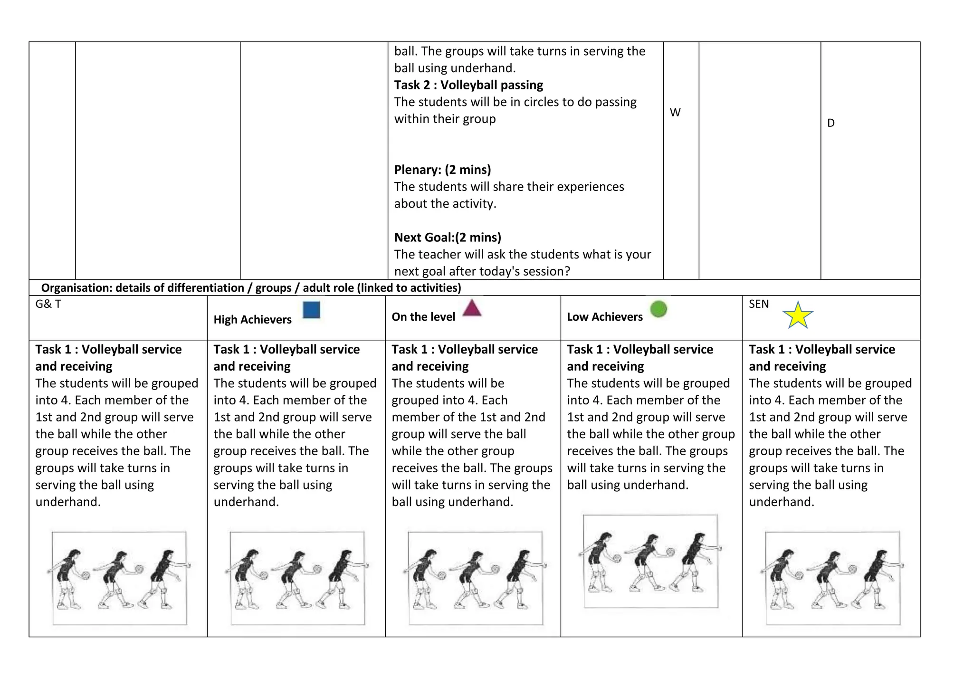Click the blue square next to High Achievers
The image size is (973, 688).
click(311, 310)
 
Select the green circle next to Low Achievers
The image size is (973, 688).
click(658, 309)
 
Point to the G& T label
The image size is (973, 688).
click(48, 304)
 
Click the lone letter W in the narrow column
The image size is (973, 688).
click(675, 113)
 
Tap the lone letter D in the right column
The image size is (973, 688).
click(831, 123)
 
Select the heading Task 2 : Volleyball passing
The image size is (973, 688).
click(468, 85)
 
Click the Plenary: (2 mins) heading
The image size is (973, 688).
click(442, 170)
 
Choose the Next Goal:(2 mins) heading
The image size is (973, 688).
click(448, 237)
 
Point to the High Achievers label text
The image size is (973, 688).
click(252, 319)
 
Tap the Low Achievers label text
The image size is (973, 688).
click(604, 317)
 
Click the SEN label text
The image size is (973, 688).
click(758, 304)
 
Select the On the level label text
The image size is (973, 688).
click(423, 317)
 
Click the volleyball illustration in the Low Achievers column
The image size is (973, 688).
click(650, 561)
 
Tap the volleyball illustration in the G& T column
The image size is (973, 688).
click(119, 578)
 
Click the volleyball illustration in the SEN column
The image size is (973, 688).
click(832, 578)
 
